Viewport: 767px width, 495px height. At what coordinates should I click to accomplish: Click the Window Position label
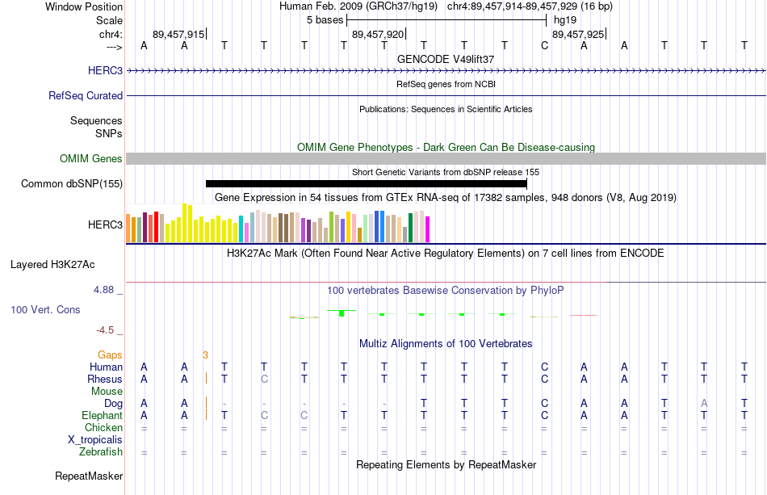[x=84, y=6]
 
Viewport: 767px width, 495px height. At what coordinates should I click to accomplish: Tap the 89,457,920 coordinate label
[x=378, y=34]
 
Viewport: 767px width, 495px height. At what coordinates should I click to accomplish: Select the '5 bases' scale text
[x=325, y=20]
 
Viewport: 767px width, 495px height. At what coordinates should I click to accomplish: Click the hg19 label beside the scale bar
[x=565, y=20]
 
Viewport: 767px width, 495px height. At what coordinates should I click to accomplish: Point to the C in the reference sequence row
[x=544, y=45]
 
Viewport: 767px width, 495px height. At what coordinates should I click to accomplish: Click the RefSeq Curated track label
[x=86, y=96]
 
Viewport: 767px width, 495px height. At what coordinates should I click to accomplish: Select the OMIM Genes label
[x=91, y=158]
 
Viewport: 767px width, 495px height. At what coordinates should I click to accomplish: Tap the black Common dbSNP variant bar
[x=367, y=184]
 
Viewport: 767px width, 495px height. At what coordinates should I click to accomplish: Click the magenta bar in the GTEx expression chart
[x=427, y=229]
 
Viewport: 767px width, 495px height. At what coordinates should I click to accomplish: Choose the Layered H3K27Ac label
[x=52, y=265]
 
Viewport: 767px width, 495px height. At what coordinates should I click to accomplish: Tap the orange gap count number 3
[x=205, y=354]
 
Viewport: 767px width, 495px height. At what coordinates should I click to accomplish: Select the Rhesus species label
[x=105, y=379]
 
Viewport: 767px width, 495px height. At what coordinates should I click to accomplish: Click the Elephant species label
[x=102, y=415]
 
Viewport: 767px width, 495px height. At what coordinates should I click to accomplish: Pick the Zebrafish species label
[x=101, y=451]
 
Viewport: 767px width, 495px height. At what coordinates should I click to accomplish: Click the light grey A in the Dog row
[x=704, y=403]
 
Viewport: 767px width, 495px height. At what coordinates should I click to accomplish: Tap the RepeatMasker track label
[x=89, y=476]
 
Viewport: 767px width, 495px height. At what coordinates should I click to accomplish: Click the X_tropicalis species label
[x=95, y=440]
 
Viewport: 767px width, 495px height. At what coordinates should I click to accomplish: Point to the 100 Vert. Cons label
[x=45, y=309]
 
